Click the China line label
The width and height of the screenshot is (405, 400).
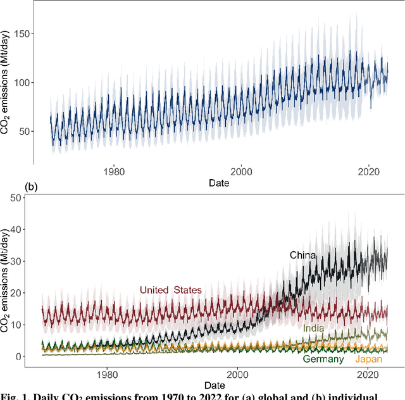point(302,255)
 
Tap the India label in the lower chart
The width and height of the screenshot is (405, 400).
point(314,328)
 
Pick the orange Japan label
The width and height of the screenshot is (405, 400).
point(368,359)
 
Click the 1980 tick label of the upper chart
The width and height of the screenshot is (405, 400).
point(113,170)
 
